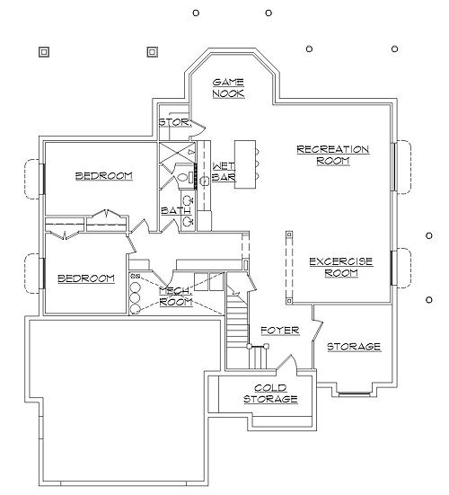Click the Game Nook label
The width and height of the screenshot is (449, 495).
pos(228,88)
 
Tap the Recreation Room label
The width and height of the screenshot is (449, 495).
pos(333,155)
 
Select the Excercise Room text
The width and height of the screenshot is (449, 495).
pos(341,267)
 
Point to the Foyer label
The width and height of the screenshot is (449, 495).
pos(280,331)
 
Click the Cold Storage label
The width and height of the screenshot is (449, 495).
pos(270,393)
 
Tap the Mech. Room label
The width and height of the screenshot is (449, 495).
pos(176,296)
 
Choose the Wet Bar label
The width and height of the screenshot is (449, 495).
pos(224,172)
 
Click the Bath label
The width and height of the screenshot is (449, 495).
pos(176,210)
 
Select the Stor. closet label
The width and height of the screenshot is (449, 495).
pos(175,122)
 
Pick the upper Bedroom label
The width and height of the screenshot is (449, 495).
pos(104,175)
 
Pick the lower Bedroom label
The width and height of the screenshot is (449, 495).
pos(86,278)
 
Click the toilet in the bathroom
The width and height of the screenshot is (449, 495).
pos(185,177)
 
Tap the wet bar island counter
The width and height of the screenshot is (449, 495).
pos(245,164)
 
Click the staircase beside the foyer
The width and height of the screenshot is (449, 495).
pos(238,331)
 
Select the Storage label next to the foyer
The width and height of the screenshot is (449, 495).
pos(354,347)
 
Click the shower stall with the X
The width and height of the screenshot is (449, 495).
pos(177,153)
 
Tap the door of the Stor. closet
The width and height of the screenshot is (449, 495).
pos(198,127)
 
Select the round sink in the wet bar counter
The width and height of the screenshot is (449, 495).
pos(205,181)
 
